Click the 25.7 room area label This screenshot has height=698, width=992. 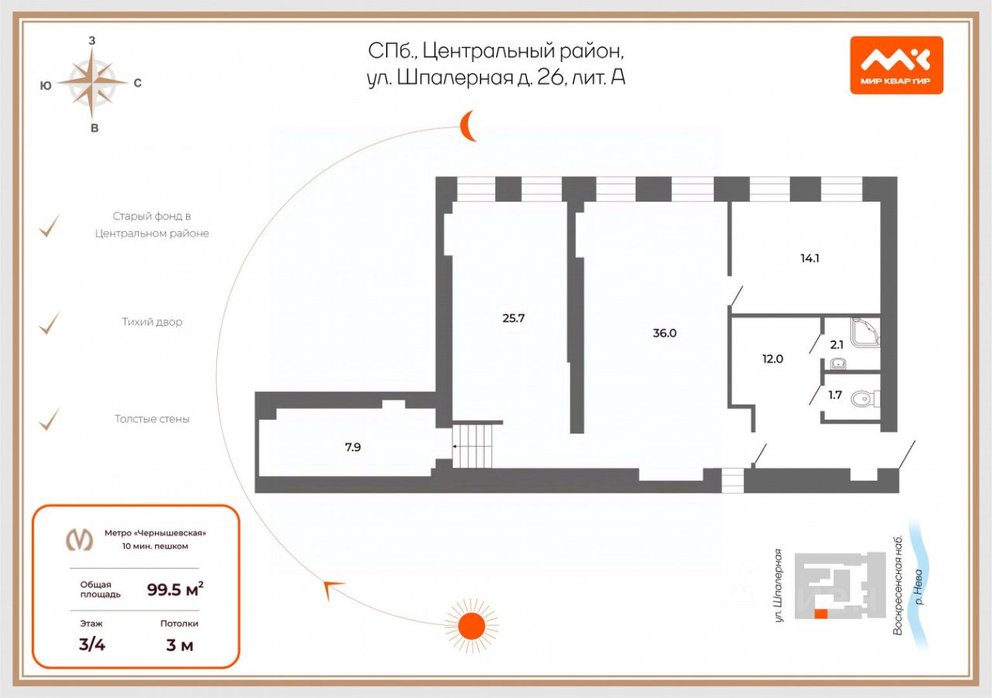514,317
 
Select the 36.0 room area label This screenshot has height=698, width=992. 665,333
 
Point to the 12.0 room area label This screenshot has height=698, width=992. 773,359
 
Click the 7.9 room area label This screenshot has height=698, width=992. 353,447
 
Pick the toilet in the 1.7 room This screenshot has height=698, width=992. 863,399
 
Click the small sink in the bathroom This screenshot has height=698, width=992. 838,363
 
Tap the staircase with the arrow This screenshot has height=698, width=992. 473,447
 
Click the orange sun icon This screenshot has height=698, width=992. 470,624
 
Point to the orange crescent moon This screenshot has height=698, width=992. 467,126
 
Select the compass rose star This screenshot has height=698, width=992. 93,81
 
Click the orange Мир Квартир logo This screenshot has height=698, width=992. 896,65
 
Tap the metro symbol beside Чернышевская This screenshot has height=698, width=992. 78,539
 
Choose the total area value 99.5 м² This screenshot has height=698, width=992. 175,589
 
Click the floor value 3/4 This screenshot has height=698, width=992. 91,645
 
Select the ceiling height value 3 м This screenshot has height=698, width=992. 179,645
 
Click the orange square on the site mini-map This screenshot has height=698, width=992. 821,613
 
